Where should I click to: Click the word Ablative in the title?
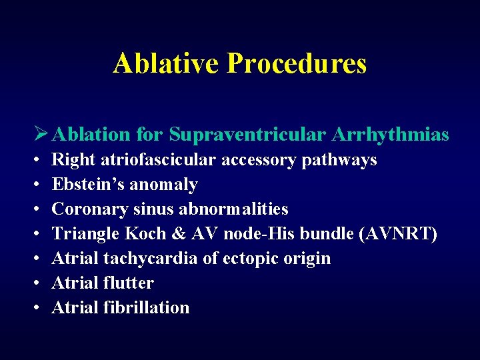point(167,63)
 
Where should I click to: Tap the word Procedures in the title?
point(297,63)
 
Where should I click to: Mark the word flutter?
point(128,283)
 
